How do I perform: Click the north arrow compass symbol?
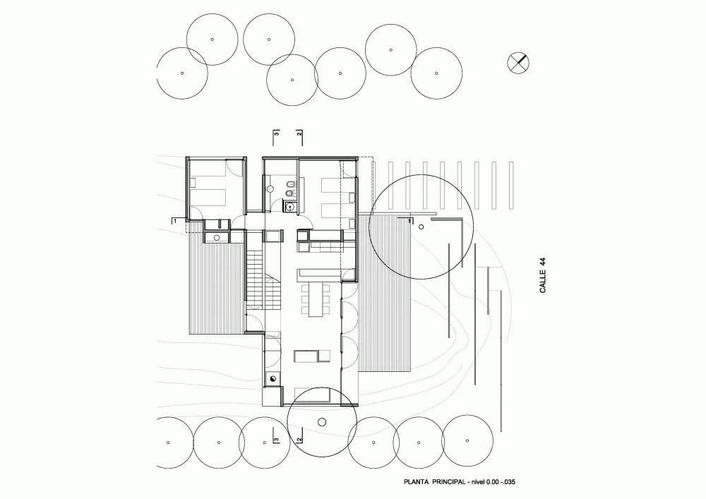click(518, 62)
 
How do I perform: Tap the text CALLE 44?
click(542, 275)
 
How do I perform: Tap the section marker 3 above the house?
click(277, 133)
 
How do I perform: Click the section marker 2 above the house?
click(299, 133)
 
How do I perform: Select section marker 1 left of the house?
click(174, 220)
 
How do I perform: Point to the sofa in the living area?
click(311, 356)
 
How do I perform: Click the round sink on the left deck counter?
click(217, 236)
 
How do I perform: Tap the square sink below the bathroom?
click(289, 207)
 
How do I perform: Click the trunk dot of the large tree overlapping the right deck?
click(421, 227)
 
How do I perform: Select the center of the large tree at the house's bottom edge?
click(321, 421)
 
